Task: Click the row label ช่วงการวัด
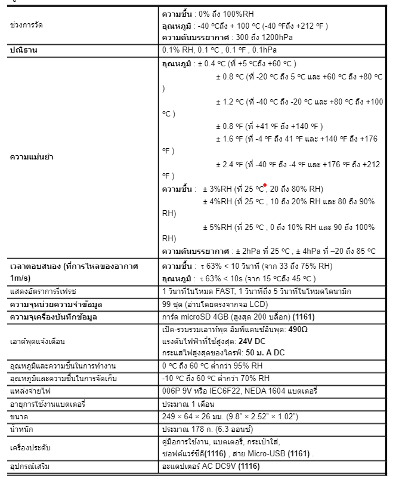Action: [27, 26]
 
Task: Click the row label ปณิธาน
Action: [24, 50]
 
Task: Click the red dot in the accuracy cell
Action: [264, 185]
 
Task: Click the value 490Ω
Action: [296, 329]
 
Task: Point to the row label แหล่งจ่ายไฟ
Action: [29, 391]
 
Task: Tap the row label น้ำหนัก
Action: [22, 428]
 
